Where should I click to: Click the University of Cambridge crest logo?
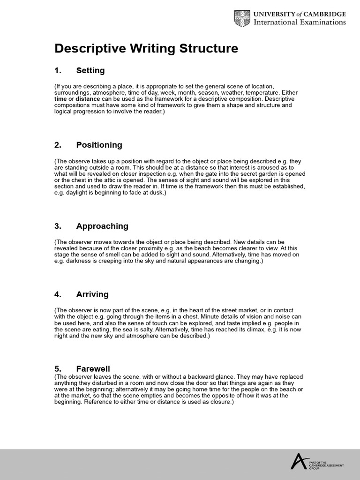(x=243, y=18)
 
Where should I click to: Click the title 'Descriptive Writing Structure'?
(x=146, y=49)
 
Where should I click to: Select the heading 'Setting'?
(x=90, y=71)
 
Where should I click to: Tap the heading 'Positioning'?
(x=99, y=145)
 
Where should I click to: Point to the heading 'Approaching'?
(x=102, y=226)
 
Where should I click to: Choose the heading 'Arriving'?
(x=92, y=294)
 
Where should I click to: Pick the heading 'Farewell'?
(x=93, y=369)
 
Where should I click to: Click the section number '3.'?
(x=58, y=226)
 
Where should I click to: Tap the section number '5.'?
(x=58, y=369)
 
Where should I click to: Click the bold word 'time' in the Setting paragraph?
(x=60, y=99)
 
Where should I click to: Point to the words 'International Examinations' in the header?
(x=300, y=22)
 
